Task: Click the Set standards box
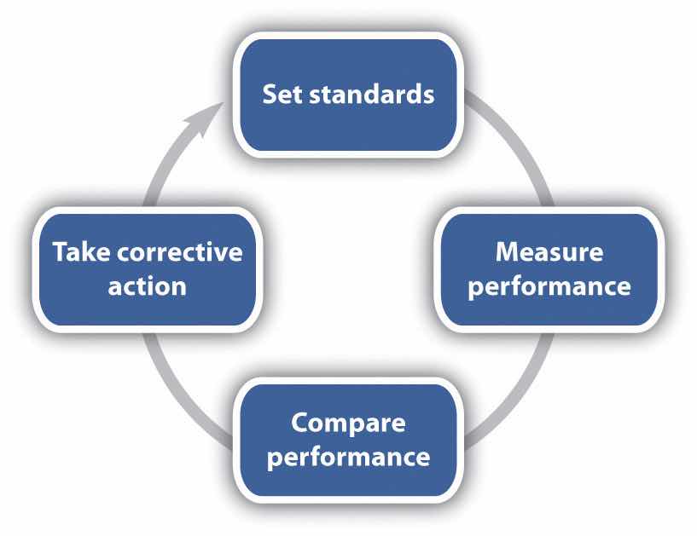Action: (347, 94)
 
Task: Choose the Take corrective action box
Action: (147, 269)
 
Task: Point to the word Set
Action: (282, 93)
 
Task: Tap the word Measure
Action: (549, 252)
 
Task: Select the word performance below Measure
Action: (549, 286)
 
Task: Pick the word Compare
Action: (347, 423)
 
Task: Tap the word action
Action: (147, 285)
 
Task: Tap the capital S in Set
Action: (268, 93)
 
